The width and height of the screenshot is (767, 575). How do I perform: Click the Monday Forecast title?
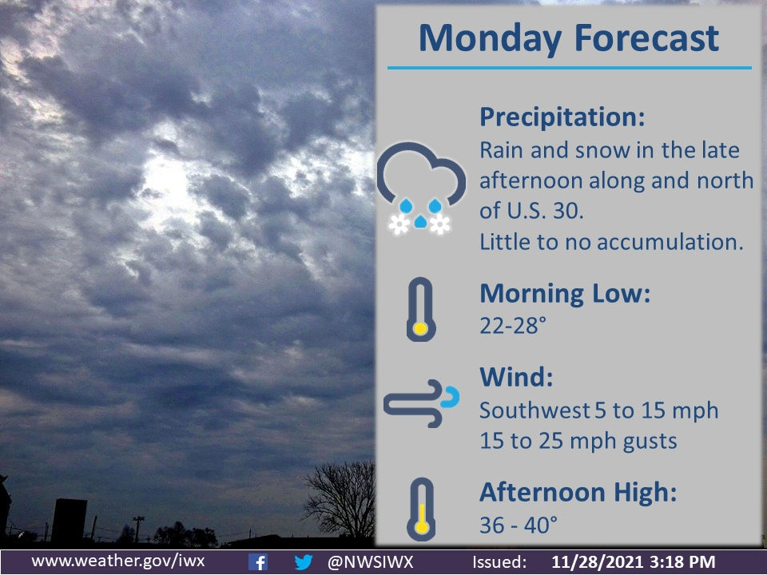[x=568, y=37]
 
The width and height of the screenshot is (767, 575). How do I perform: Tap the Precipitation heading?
[x=561, y=117]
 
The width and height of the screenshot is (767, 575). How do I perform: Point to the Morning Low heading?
[x=565, y=293]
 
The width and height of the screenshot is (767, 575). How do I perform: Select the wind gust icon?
[x=421, y=406]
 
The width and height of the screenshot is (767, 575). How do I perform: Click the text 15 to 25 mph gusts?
[x=578, y=440]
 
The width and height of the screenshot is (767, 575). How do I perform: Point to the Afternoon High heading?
[x=578, y=493]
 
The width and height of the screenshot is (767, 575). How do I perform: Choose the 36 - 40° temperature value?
[x=519, y=524]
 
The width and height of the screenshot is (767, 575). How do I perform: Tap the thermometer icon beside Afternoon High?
[x=419, y=508]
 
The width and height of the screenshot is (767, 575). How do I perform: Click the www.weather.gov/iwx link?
[x=117, y=561]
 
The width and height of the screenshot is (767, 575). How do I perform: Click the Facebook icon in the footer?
[x=257, y=561]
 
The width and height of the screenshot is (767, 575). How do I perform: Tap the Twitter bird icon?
[x=303, y=561]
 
